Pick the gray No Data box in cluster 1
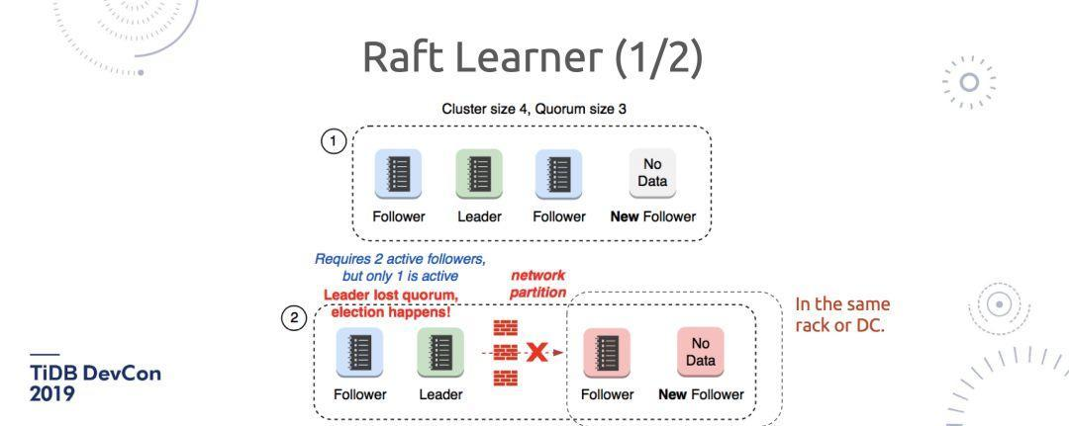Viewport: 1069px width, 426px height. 652,174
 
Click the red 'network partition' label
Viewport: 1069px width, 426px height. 537,284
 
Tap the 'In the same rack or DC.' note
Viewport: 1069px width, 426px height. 842,313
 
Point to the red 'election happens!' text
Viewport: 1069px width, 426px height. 390,312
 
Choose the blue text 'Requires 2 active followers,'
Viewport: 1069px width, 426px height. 400,259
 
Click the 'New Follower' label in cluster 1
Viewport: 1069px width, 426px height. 652,217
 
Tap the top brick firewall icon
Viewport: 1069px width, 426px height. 506,327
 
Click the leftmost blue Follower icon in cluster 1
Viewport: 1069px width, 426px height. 398,174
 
